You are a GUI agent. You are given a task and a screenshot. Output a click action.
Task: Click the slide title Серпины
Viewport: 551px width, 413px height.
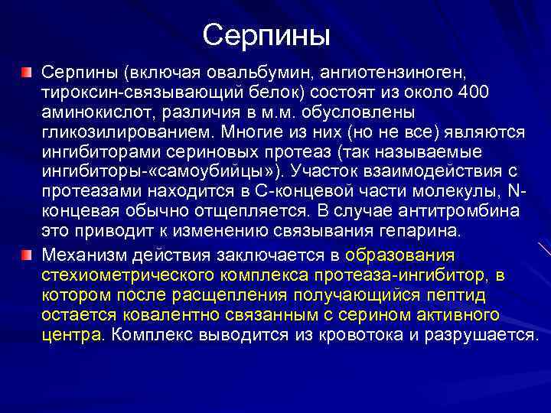266,34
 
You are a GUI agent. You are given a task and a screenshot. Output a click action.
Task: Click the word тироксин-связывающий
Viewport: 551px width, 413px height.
126,92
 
